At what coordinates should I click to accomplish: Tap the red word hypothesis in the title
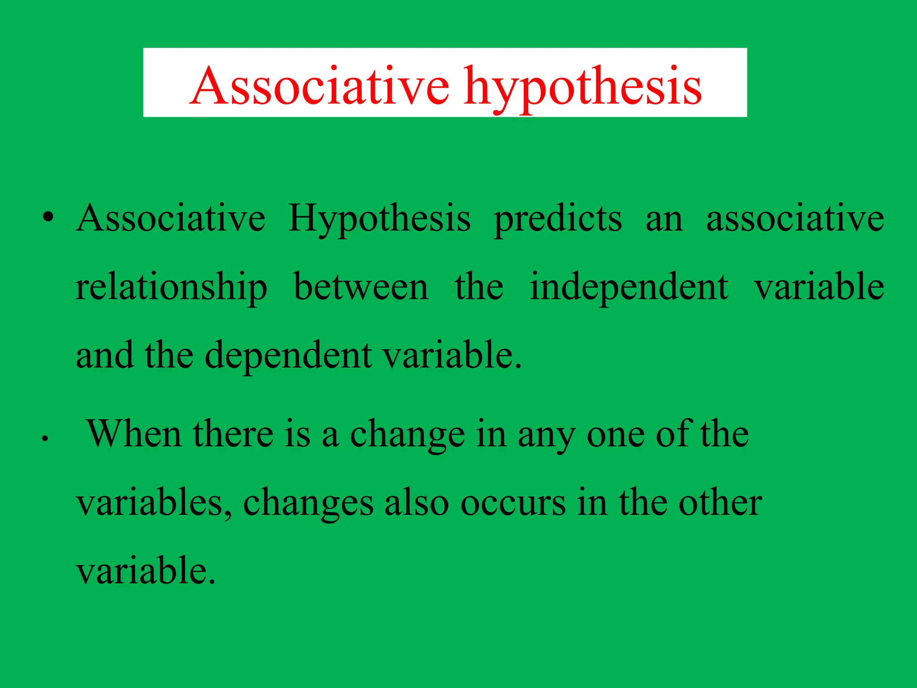pos(583,87)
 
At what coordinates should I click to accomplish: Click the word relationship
pos(171,288)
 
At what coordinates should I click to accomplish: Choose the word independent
pos(629,288)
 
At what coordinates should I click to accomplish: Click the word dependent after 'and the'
pos(288,356)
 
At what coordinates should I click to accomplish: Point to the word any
pos(546,437)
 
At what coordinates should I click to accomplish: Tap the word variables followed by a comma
pos(154,503)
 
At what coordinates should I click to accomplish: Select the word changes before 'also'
pos(308,503)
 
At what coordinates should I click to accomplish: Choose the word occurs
pos(513,503)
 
